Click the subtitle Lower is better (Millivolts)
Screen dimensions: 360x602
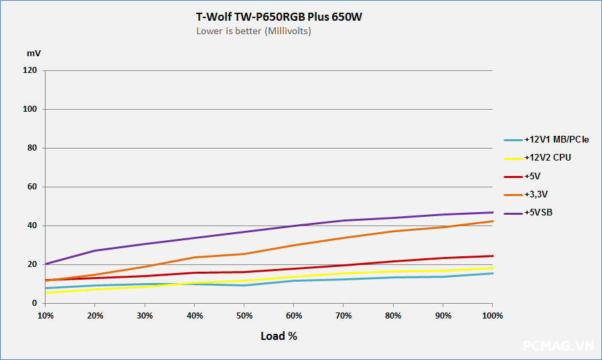(x=253, y=31)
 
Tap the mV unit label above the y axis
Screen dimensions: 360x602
(x=33, y=52)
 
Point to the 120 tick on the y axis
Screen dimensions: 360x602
(x=30, y=70)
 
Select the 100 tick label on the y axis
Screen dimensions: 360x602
(x=30, y=109)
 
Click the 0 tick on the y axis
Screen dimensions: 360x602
(x=34, y=303)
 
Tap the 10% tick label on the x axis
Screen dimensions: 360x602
(x=46, y=314)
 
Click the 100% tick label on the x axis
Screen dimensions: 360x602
(x=492, y=314)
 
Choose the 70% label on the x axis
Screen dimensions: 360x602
(x=344, y=314)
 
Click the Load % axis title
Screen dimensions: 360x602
(x=279, y=336)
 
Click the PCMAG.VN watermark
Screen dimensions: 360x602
(x=558, y=346)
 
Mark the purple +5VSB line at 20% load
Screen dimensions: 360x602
(x=95, y=251)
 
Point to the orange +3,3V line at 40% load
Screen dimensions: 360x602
(x=194, y=258)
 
